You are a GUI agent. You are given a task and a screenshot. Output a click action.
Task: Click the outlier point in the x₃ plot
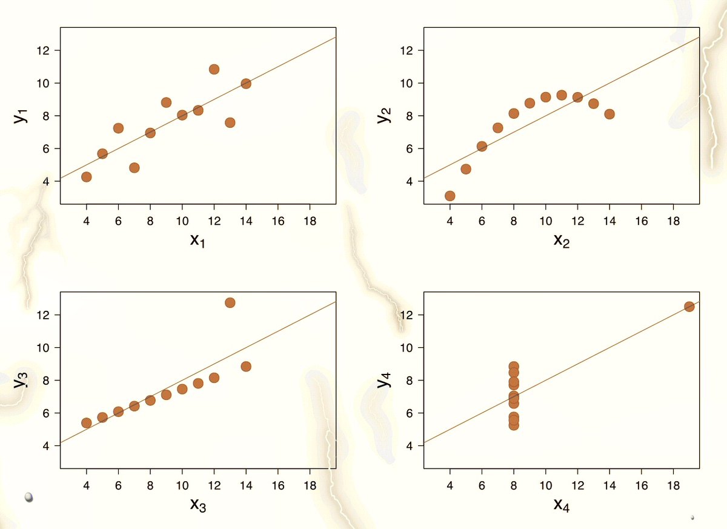(x=230, y=302)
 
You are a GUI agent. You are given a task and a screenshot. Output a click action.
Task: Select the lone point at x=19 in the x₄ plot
(x=689, y=307)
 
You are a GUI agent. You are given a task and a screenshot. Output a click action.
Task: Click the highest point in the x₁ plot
(x=214, y=69)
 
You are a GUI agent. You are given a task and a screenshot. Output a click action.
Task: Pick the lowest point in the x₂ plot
(x=450, y=196)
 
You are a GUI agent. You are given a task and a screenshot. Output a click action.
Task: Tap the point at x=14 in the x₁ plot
(x=246, y=84)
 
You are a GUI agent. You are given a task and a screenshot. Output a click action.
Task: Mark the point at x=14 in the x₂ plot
(x=609, y=114)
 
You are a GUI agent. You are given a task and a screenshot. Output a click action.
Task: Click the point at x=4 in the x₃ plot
(x=86, y=423)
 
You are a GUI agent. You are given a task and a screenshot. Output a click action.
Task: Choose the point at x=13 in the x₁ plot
(x=230, y=122)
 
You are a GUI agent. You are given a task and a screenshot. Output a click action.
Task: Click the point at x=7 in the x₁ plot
(x=134, y=168)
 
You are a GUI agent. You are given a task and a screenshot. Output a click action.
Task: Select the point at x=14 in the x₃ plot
(x=246, y=367)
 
